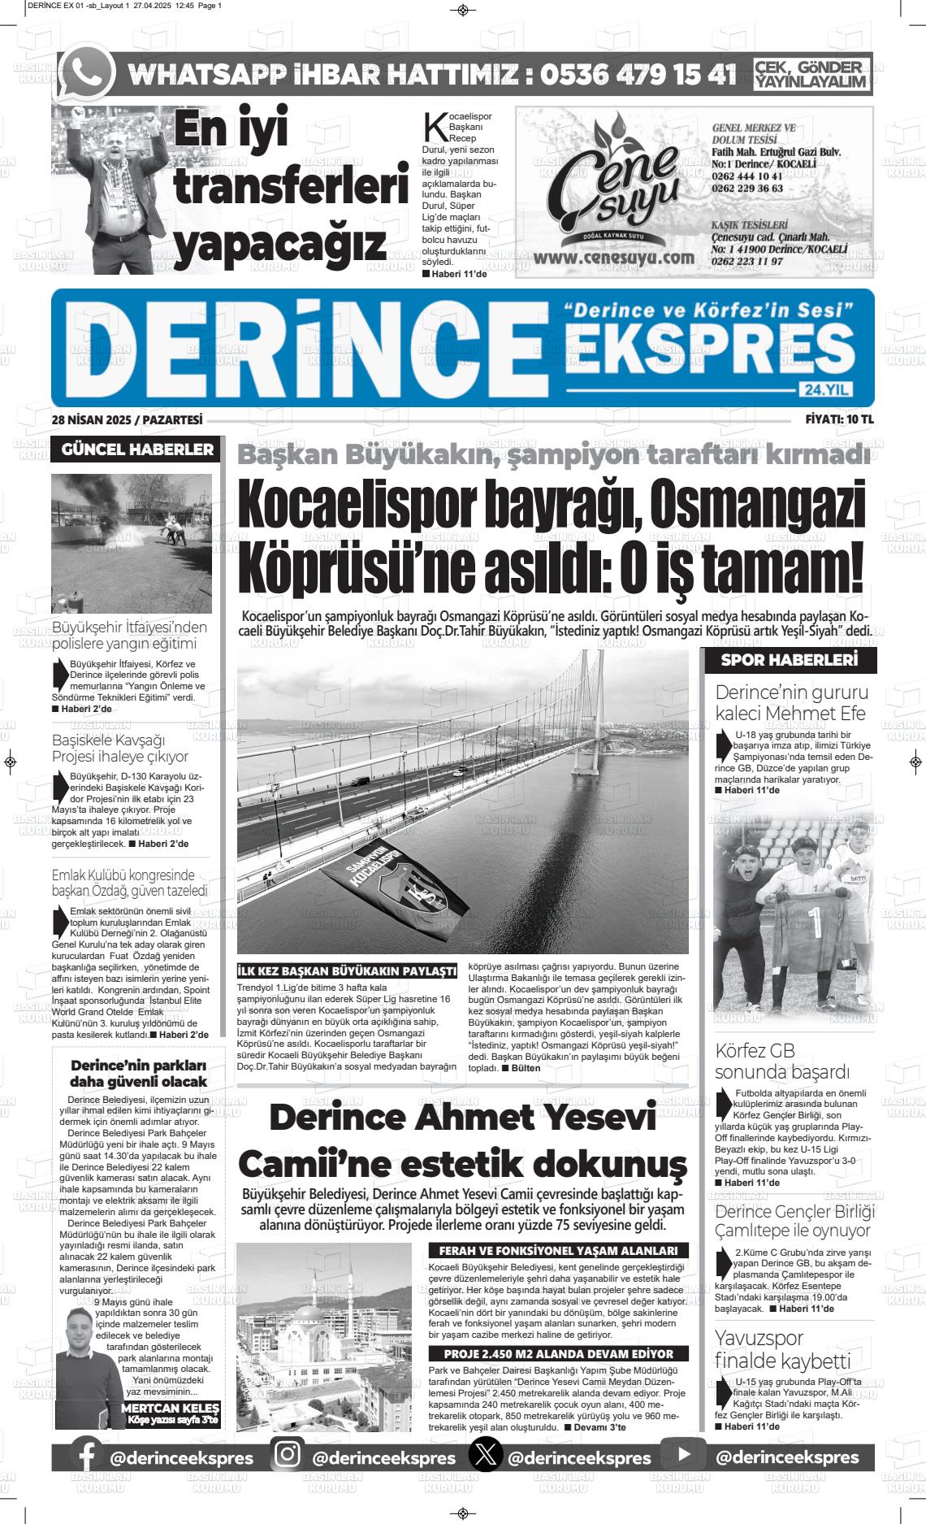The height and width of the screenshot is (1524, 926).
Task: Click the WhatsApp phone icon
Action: click(x=88, y=72)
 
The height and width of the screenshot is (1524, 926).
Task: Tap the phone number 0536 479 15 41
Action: click(x=638, y=74)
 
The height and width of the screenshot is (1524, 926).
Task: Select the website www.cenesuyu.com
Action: click(x=614, y=258)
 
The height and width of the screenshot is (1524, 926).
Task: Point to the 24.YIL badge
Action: click(x=826, y=390)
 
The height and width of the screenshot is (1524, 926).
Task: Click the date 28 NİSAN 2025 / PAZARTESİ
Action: click(x=127, y=419)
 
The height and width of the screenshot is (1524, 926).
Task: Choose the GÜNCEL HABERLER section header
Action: click(x=137, y=449)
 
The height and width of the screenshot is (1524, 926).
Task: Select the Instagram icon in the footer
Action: click(x=287, y=1455)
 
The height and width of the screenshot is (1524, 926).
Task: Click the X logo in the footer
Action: click(x=486, y=1456)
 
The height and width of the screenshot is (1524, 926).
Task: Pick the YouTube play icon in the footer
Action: click(x=683, y=1455)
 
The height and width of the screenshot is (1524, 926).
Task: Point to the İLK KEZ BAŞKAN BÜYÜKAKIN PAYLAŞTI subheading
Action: click(x=347, y=971)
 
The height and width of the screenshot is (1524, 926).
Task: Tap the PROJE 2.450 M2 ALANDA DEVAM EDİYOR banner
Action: click(x=558, y=1354)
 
